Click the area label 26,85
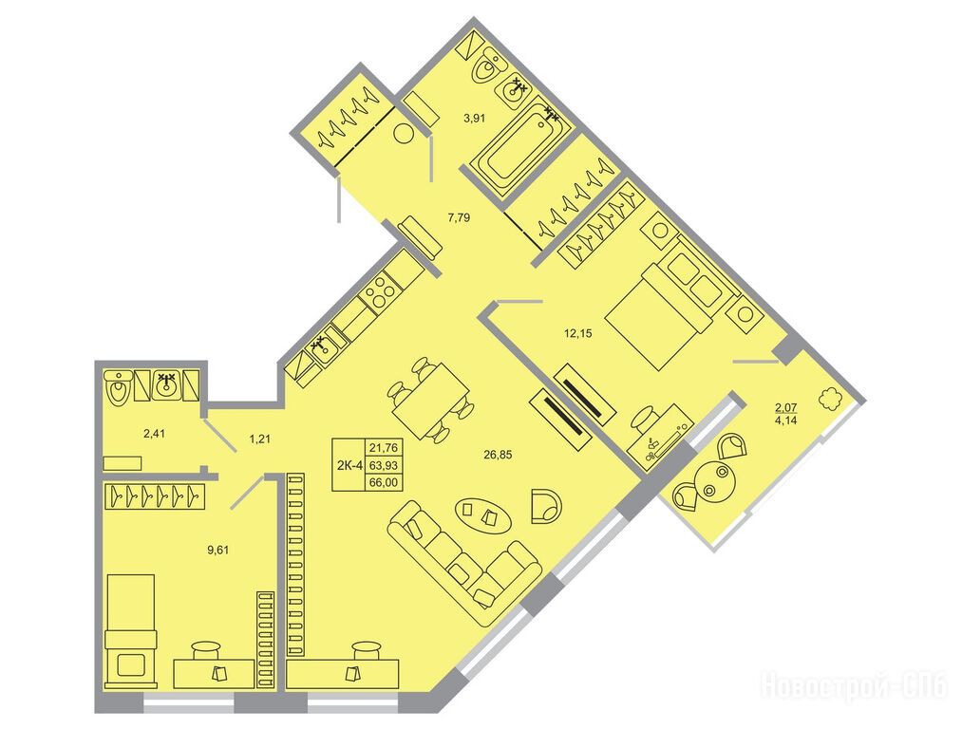498,455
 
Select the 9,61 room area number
218,550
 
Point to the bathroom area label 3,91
474,119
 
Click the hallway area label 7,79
459,217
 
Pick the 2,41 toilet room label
154,434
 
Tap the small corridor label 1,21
259,439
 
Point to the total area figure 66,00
384,482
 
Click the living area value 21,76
384,448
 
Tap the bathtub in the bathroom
521,148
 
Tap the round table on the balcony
713,480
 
